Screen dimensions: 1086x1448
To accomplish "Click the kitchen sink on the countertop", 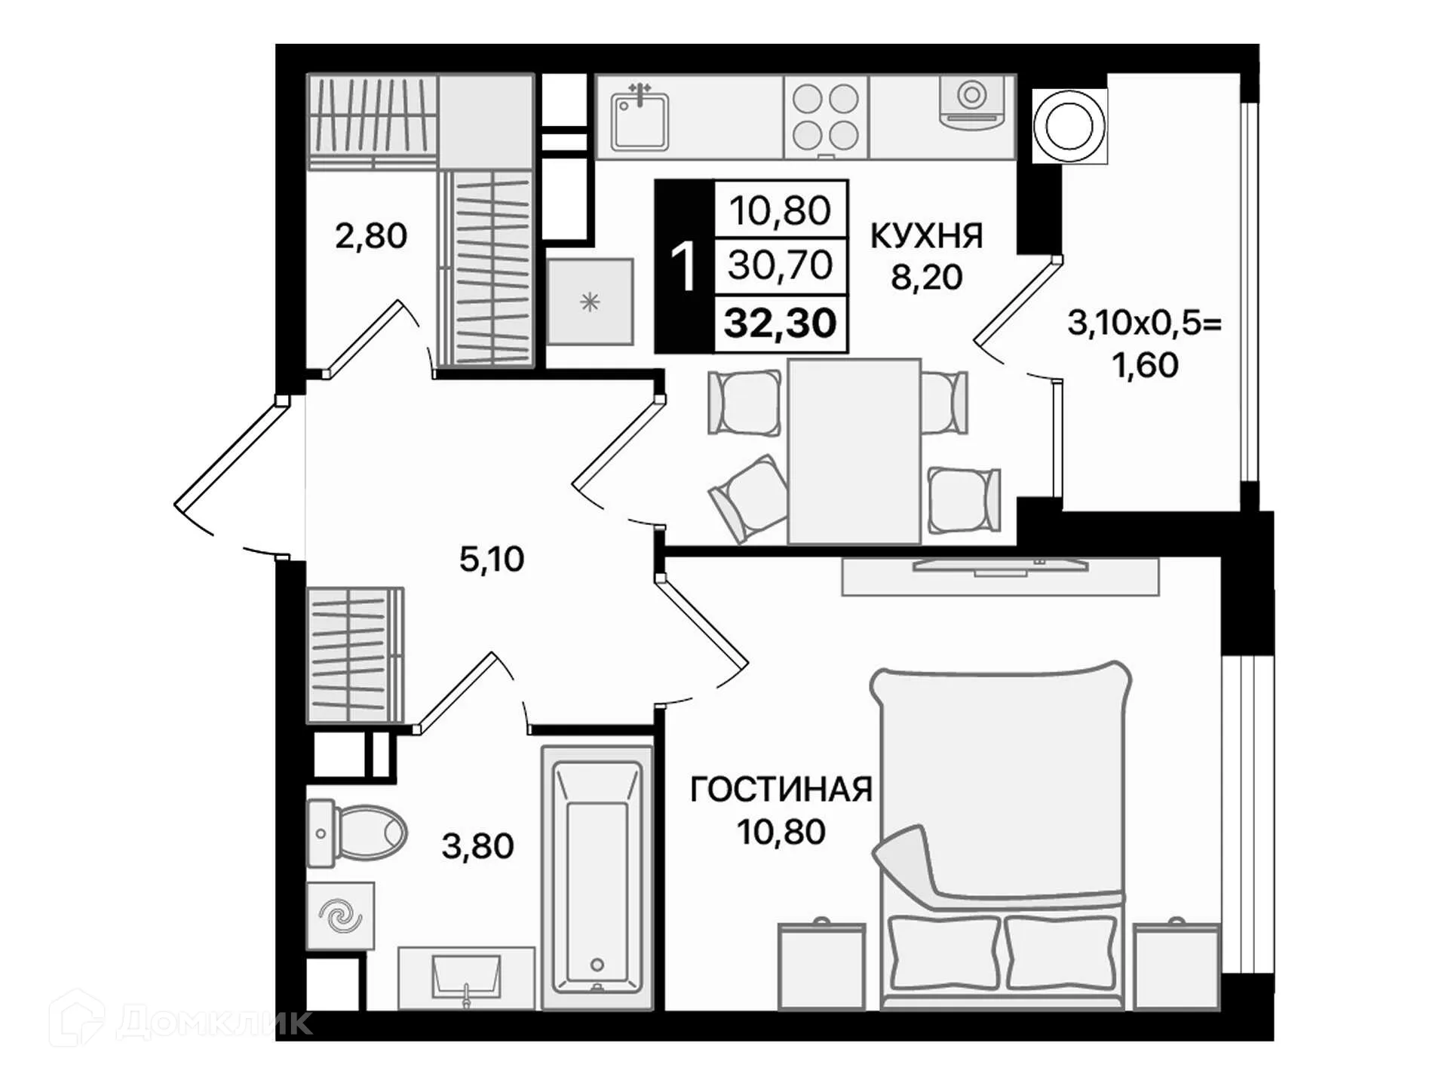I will click(x=640, y=121).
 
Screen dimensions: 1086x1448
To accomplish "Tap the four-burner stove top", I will click(x=825, y=118).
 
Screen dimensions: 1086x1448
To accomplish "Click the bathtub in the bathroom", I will click(x=597, y=878).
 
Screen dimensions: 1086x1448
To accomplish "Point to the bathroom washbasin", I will click(x=465, y=977).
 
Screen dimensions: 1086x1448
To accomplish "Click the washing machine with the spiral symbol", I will click(x=340, y=916).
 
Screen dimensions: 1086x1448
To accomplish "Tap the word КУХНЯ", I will click(x=926, y=236).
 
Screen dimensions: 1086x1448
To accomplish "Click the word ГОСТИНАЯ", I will click(x=781, y=790).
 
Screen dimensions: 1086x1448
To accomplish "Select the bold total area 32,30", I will click(x=780, y=324).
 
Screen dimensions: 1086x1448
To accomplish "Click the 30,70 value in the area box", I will click(x=780, y=265).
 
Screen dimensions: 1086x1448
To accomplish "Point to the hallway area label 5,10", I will click(x=492, y=560).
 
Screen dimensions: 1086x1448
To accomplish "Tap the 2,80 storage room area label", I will click(x=371, y=236).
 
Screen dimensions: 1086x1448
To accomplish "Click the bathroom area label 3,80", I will click(x=477, y=846).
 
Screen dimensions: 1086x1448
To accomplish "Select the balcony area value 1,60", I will click(x=1145, y=366).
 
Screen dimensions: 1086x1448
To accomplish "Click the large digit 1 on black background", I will click(x=683, y=266).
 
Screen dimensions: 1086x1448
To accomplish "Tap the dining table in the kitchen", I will click(x=854, y=451).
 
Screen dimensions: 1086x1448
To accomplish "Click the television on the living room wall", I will click(x=1000, y=566).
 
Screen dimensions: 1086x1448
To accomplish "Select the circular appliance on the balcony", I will click(x=1069, y=126).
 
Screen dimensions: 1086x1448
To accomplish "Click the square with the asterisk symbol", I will click(x=590, y=302).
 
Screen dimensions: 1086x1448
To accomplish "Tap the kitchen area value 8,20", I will click(x=926, y=278).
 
